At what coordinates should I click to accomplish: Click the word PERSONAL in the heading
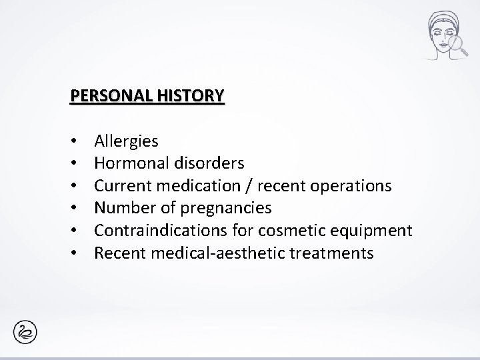[110, 96]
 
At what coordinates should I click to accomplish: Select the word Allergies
[127, 141]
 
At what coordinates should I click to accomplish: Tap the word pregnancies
[219, 209]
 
